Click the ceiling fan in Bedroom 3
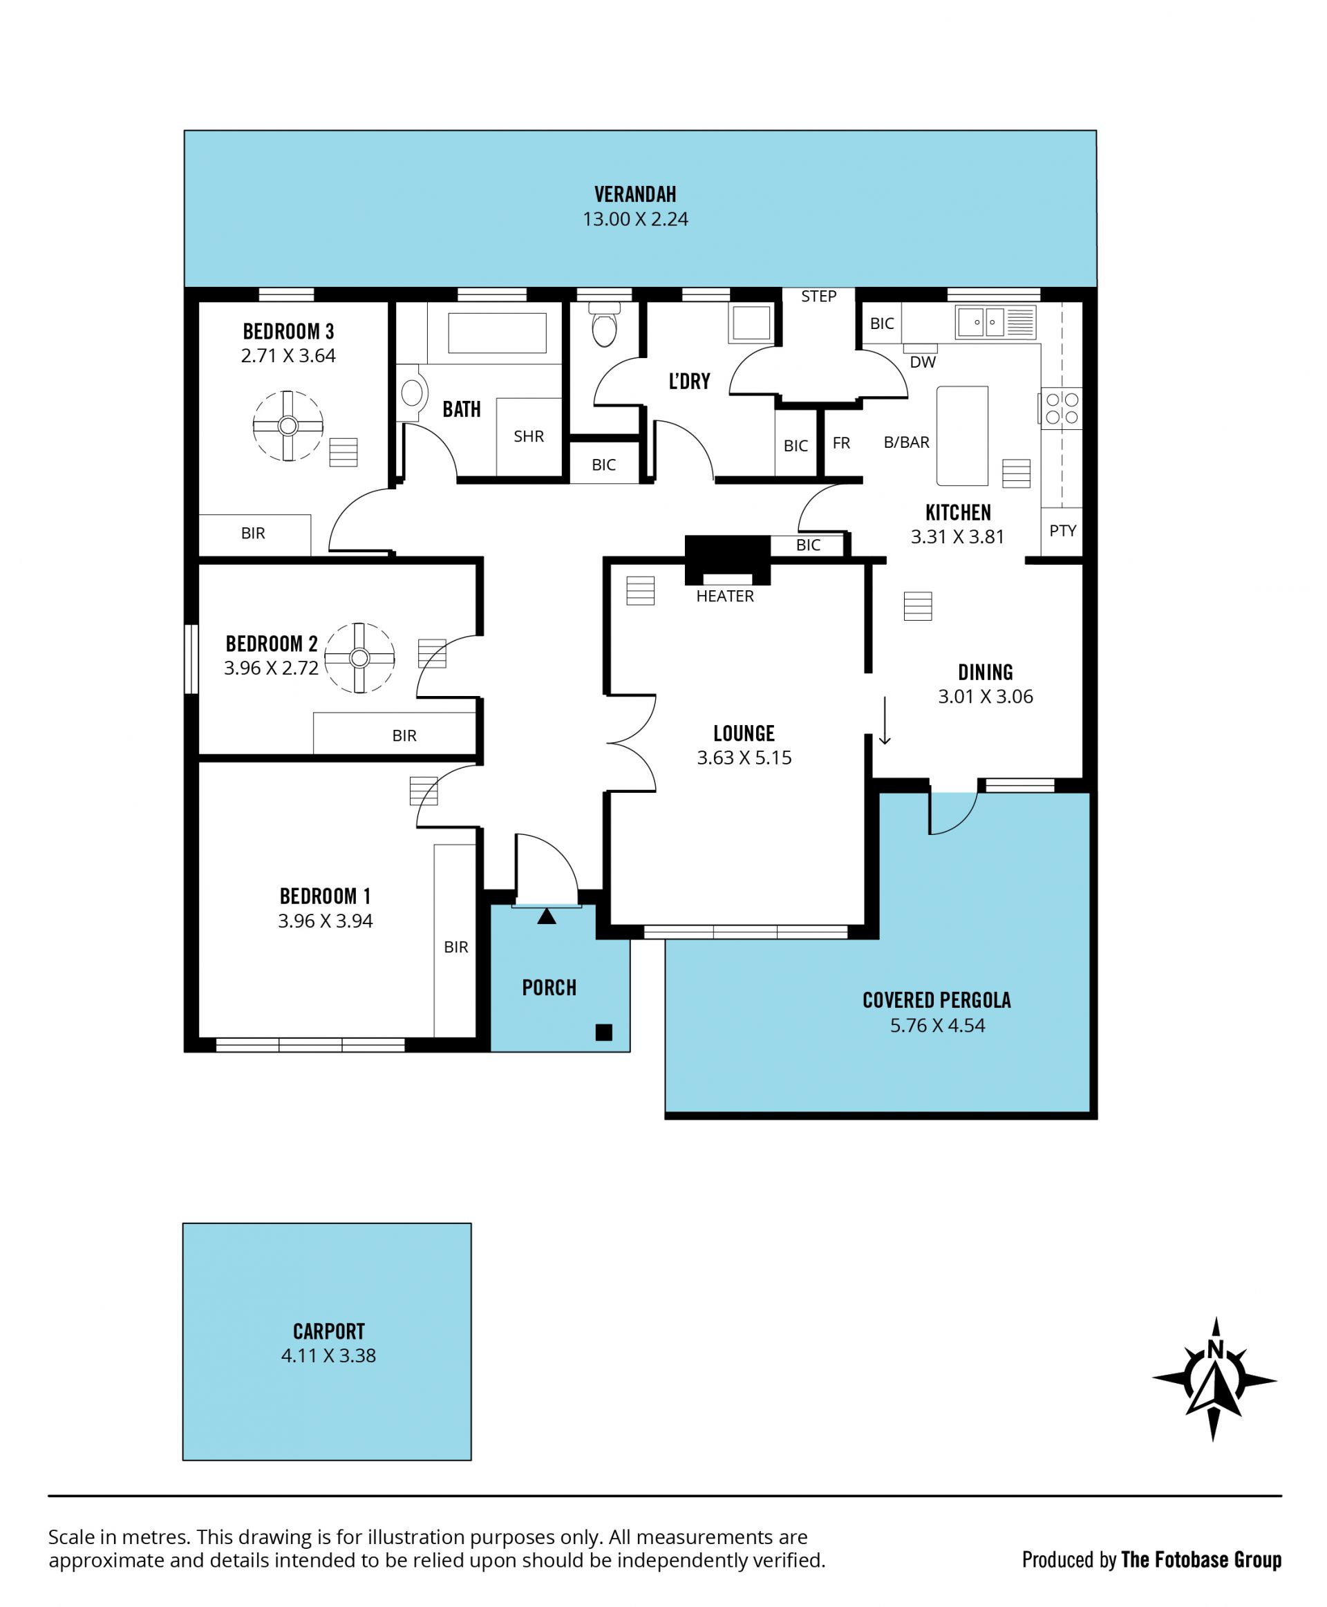(x=288, y=426)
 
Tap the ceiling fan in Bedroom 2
(x=359, y=657)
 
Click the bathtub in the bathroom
(x=497, y=332)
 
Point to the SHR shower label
(x=528, y=437)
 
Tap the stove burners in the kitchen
(x=1062, y=408)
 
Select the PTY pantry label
(x=1062, y=531)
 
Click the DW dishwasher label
(x=923, y=362)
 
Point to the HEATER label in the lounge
(x=724, y=596)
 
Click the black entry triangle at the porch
(x=547, y=916)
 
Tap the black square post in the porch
(x=604, y=1032)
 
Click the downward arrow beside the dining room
(x=885, y=720)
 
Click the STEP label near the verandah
(x=819, y=297)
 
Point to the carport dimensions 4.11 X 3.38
(x=329, y=1355)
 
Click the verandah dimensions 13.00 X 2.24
(x=635, y=219)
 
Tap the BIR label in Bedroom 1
(x=455, y=947)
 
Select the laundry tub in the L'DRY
(x=751, y=322)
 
